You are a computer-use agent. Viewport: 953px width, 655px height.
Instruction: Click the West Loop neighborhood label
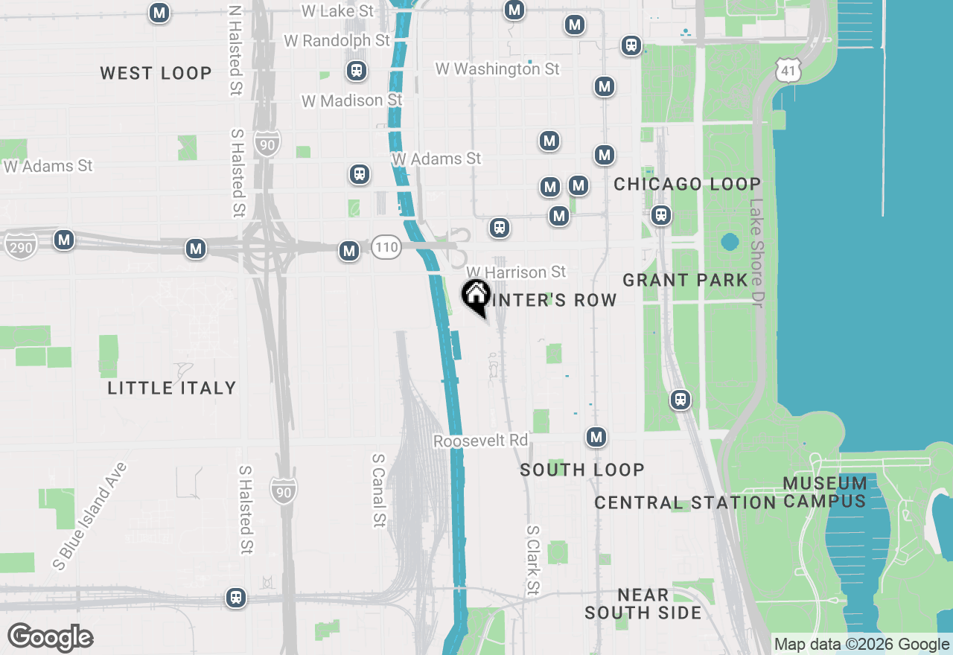tap(156, 73)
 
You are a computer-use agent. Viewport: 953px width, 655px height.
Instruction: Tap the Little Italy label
tap(171, 388)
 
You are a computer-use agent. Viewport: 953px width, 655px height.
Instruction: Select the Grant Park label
tap(685, 280)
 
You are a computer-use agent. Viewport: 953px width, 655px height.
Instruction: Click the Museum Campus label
tap(825, 492)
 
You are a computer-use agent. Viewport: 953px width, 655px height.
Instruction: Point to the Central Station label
tap(685, 503)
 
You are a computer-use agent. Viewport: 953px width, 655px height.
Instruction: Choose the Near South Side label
tap(643, 604)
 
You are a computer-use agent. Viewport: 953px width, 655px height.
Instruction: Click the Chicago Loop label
tap(686, 184)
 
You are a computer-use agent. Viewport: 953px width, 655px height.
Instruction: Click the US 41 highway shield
tap(787, 71)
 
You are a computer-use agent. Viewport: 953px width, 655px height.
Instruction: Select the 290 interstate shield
tap(20, 246)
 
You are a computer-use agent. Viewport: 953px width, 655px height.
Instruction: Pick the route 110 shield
tap(386, 246)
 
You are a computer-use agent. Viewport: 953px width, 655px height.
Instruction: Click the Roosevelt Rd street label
tap(480, 441)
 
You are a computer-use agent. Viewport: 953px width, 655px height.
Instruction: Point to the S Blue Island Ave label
tap(90, 516)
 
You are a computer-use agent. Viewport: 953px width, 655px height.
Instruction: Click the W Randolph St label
tap(337, 40)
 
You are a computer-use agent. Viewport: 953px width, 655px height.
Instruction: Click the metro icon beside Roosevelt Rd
tap(596, 437)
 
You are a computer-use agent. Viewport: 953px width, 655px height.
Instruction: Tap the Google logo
tap(50, 637)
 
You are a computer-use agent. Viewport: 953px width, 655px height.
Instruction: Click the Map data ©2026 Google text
tap(862, 645)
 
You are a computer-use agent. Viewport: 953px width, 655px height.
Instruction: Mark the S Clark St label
tap(532, 560)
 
